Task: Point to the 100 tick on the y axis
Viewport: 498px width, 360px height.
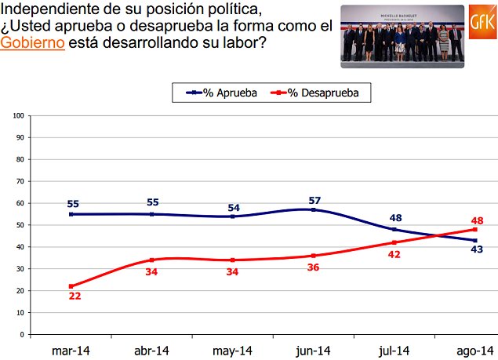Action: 17,115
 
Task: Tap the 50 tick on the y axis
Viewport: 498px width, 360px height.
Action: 18,225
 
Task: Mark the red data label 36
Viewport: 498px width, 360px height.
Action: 314,268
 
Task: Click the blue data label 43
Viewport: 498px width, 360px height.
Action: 475,250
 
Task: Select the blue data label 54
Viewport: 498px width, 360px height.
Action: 233,207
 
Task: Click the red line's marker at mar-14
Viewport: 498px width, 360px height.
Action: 71,286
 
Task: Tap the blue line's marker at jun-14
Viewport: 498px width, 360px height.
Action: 314,209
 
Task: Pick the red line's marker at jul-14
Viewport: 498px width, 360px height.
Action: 394,242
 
